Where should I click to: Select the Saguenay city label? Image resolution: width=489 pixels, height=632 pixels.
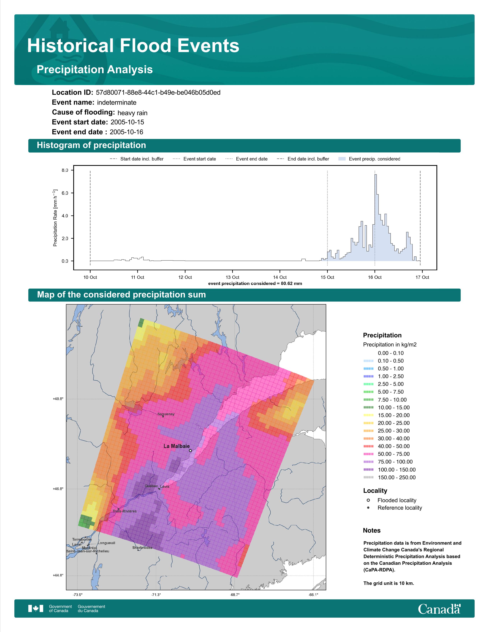pos(166,414)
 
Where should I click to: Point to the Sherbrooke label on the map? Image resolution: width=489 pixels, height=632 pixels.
pos(142,548)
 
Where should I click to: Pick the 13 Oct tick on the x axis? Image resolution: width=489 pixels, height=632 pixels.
pos(232,277)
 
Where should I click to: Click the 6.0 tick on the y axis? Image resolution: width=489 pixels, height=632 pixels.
pos(65,193)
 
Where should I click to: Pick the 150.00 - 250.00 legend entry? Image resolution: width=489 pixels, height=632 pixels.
pos(389,477)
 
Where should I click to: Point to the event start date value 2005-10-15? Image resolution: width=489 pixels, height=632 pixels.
pos(127,122)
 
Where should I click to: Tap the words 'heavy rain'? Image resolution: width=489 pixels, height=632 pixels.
pos(132,113)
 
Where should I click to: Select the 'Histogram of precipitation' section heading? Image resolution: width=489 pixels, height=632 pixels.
pos(91,145)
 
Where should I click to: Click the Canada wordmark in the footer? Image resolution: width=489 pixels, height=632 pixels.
pos(439,609)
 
